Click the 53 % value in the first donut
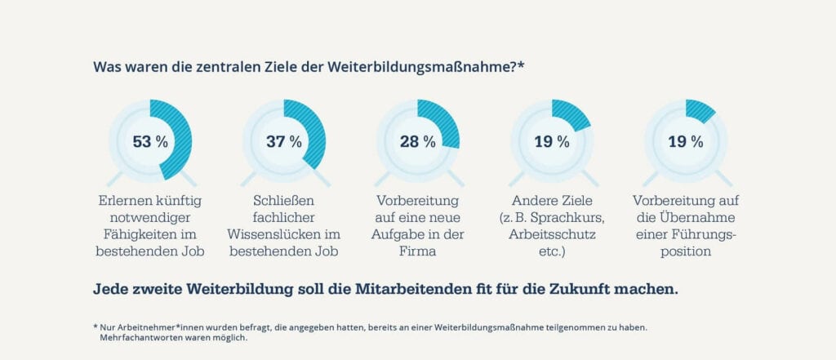(x=150, y=141)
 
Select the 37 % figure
(x=283, y=141)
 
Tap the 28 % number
(x=417, y=141)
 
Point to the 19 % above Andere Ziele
(x=552, y=141)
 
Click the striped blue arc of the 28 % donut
(x=442, y=122)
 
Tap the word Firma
(x=418, y=252)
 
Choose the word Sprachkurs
(x=568, y=217)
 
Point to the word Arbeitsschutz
(x=552, y=235)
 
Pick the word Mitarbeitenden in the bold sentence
(x=420, y=289)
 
